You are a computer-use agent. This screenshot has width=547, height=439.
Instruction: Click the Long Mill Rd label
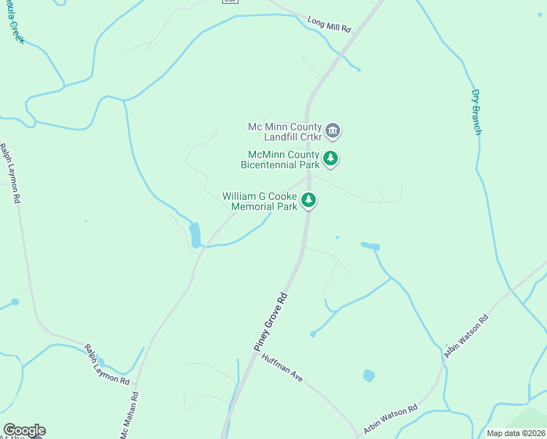[329, 24]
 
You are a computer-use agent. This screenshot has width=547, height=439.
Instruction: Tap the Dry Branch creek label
[476, 112]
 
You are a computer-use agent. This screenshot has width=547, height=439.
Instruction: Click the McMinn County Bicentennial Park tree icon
[331, 158]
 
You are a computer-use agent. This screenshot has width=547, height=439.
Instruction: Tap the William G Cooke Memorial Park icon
[309, 200]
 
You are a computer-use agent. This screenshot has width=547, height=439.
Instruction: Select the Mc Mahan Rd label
[129, 418]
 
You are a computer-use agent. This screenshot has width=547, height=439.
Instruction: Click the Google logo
[24, 430]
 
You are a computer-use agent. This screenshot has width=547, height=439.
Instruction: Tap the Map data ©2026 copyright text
[516, 433]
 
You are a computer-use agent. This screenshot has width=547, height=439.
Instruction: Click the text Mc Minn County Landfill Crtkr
[284, 132]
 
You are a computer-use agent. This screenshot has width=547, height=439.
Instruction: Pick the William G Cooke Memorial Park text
[260, 201]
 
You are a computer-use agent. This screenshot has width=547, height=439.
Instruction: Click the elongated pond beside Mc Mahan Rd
[195, 235]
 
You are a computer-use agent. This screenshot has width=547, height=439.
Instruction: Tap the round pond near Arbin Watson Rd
[369, 375]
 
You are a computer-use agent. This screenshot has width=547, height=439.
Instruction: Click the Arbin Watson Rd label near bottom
[391, 419]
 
